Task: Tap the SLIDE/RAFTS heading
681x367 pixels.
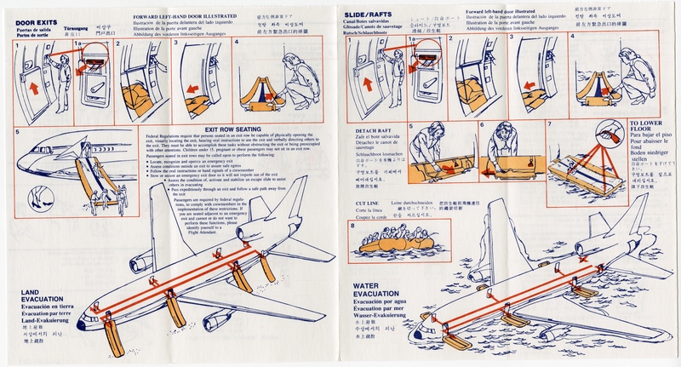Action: click(373, 15)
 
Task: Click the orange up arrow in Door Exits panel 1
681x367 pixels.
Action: click(35, 87)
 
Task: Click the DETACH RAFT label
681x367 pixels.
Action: click(372, 130)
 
